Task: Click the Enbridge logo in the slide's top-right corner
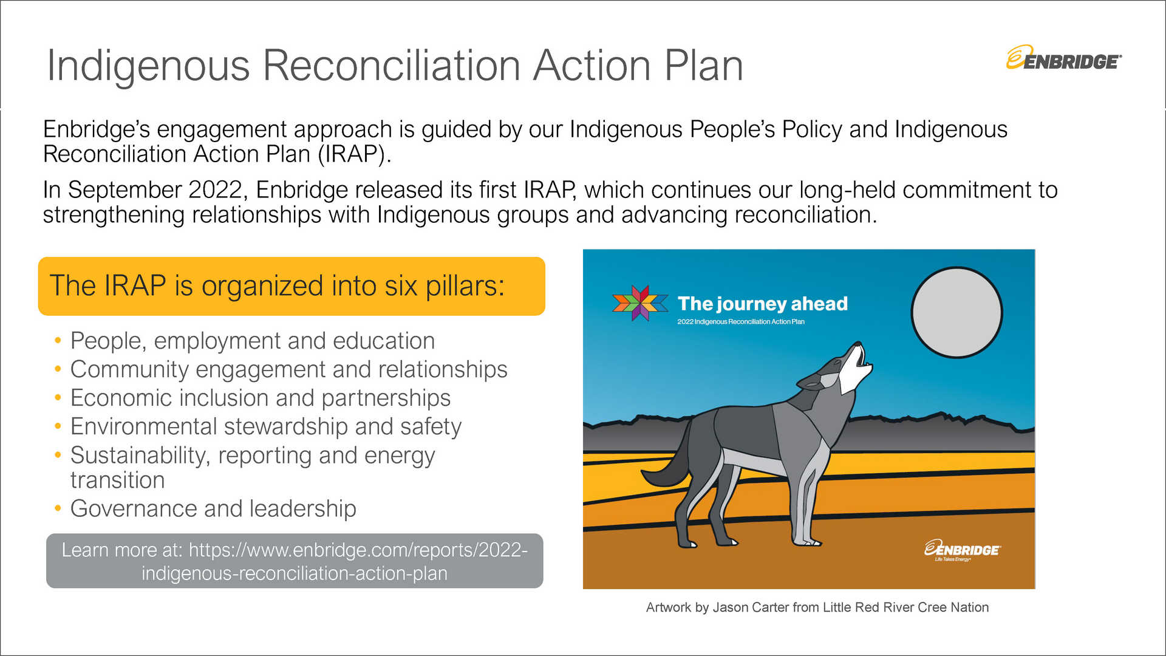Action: pos(1063,58)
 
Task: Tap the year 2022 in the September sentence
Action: pos(215,190)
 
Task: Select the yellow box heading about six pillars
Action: pos(291,286)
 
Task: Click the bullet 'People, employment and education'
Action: pos(253,341)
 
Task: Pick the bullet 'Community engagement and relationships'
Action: pos(289,369)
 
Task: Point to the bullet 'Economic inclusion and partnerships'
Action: pos(261,398)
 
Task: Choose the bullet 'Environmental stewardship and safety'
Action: pos(266,426)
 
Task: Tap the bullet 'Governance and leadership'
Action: pos(213,508)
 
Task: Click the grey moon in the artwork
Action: pos(956,312)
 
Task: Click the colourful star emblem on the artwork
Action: pos(640,302)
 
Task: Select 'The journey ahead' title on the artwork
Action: pos(763,303)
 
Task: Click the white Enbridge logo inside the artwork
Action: pos(962,550)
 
